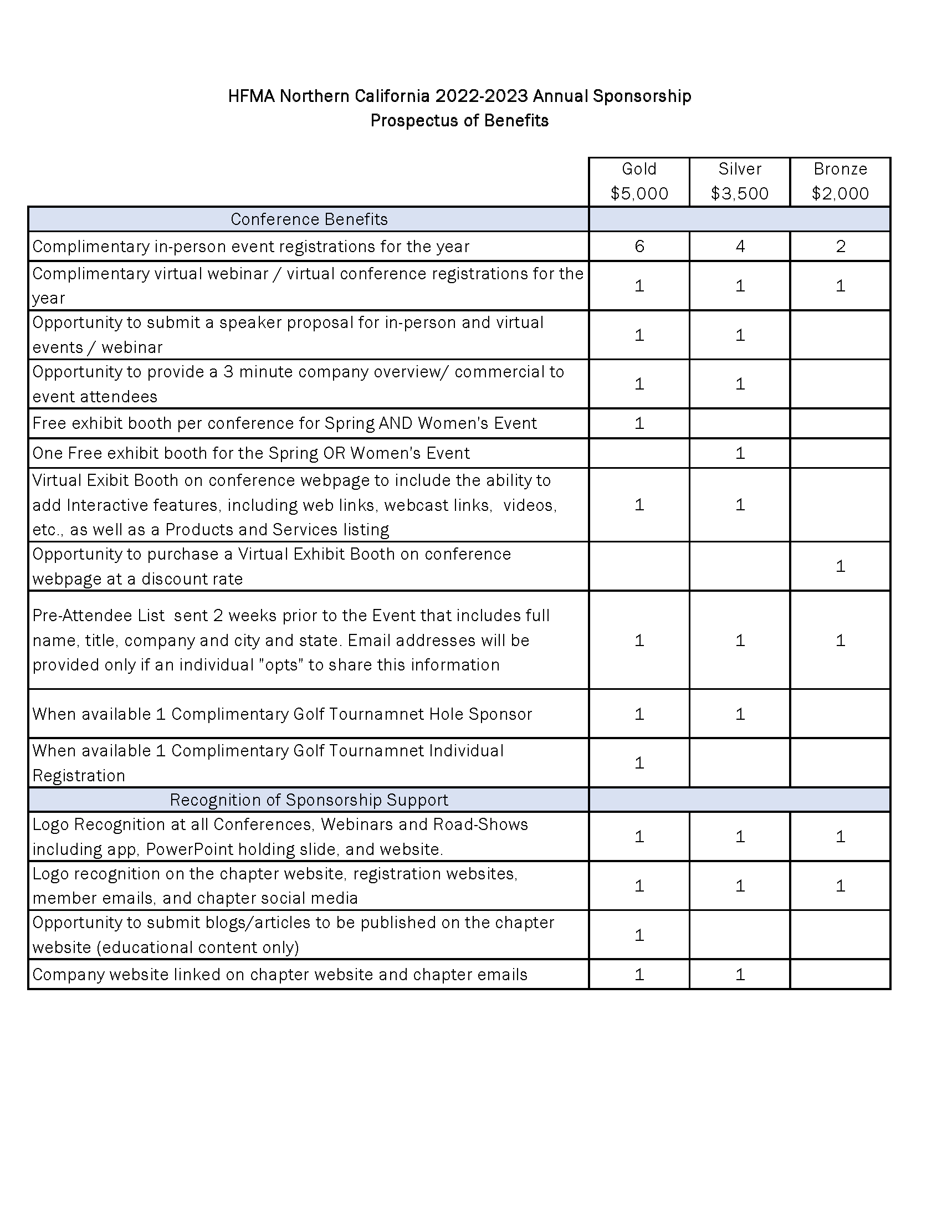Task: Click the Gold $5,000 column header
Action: tap(639, 181)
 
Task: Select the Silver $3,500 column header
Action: tap(739, 181)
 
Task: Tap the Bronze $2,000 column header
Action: tap(840, 181)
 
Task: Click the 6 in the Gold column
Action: tap(639, 246)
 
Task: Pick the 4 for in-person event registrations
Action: tap(740, 246)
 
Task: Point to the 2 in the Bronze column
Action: tap(841, 246)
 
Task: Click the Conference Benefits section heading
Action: tap(309, 219)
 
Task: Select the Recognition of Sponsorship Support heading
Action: tap(309, 800)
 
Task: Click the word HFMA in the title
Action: tap(251, 96)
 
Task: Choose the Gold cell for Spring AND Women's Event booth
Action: tap(639, 423)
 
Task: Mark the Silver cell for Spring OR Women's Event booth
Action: tap(740, 453)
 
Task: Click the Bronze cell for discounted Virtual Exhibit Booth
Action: tap(841, 566)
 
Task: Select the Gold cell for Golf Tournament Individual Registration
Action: tap(639, 763)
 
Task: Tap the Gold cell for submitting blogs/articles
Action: tap(639, 935)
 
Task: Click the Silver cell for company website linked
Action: tap(740, 975)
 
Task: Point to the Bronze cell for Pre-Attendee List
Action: tap(841, 640)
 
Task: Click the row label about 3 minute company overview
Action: tap(298, 384)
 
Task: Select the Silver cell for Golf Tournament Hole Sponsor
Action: tap(740, 714)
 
